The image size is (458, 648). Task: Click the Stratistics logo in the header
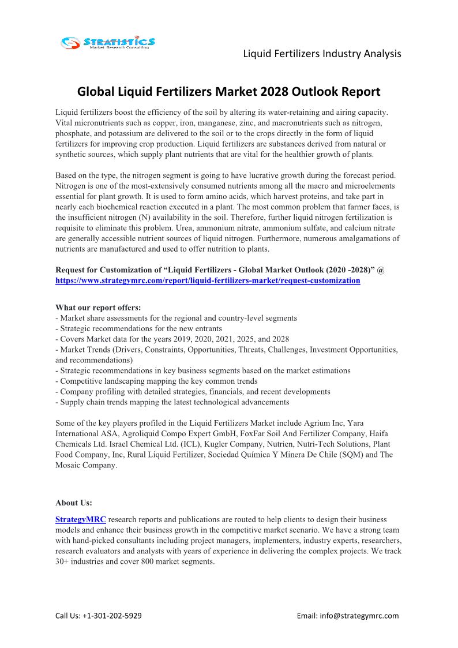pos(108,42)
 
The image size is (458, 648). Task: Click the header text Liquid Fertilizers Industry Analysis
pos(322,54)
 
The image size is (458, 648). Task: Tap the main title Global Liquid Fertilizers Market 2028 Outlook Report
pos(229,92)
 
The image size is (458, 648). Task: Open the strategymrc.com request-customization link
pos(208,280)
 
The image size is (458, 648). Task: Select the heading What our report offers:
pos(98,308)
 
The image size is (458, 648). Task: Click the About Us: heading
pos(74,503)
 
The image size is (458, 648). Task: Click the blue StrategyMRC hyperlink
pos(81,519)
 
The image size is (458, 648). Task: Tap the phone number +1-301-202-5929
pos(113,616)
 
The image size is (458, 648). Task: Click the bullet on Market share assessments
pos(176,318)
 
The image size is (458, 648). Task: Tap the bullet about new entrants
pos(138,328)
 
